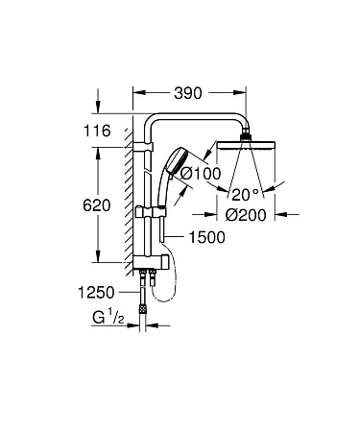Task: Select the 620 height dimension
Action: click(96, 205)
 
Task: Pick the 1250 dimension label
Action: click(97, 292)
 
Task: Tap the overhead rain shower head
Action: click(252, 151)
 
